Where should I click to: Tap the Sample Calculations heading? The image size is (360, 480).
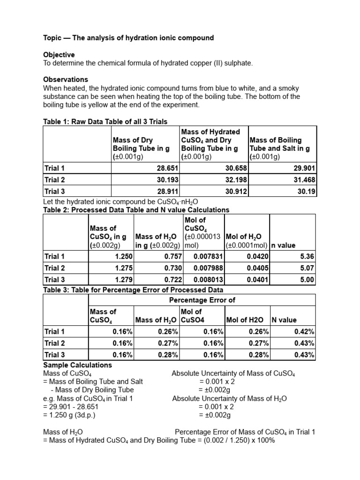(77, 365)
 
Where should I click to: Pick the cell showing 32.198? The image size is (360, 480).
(233, 180)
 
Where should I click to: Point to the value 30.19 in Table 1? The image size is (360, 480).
(306, 191)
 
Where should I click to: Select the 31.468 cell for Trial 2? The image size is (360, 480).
(303, 180)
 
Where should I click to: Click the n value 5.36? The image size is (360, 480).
(306, 256)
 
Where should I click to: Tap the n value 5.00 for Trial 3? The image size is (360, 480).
(306, 279)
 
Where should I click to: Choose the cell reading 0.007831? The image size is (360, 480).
(209, 256)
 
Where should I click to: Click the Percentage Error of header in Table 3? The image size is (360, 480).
(202, 300)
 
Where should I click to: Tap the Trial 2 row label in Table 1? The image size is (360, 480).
(54, 180)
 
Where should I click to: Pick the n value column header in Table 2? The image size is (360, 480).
(283, 245)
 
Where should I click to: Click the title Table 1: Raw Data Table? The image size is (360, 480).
(105, 122)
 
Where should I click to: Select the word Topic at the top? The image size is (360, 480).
(53, 37)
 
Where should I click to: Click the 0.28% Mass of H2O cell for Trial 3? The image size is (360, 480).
(168, 354)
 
